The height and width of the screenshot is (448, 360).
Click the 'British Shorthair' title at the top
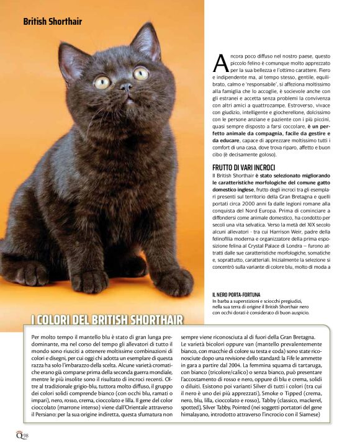click(52, 22)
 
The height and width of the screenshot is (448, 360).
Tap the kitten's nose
click(125, 87)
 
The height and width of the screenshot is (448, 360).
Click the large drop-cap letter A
click(220, 62)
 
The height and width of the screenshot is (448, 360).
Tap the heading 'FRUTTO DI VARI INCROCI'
click(243, 168)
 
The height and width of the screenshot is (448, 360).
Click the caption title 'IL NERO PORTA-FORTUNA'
click(236, 294)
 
